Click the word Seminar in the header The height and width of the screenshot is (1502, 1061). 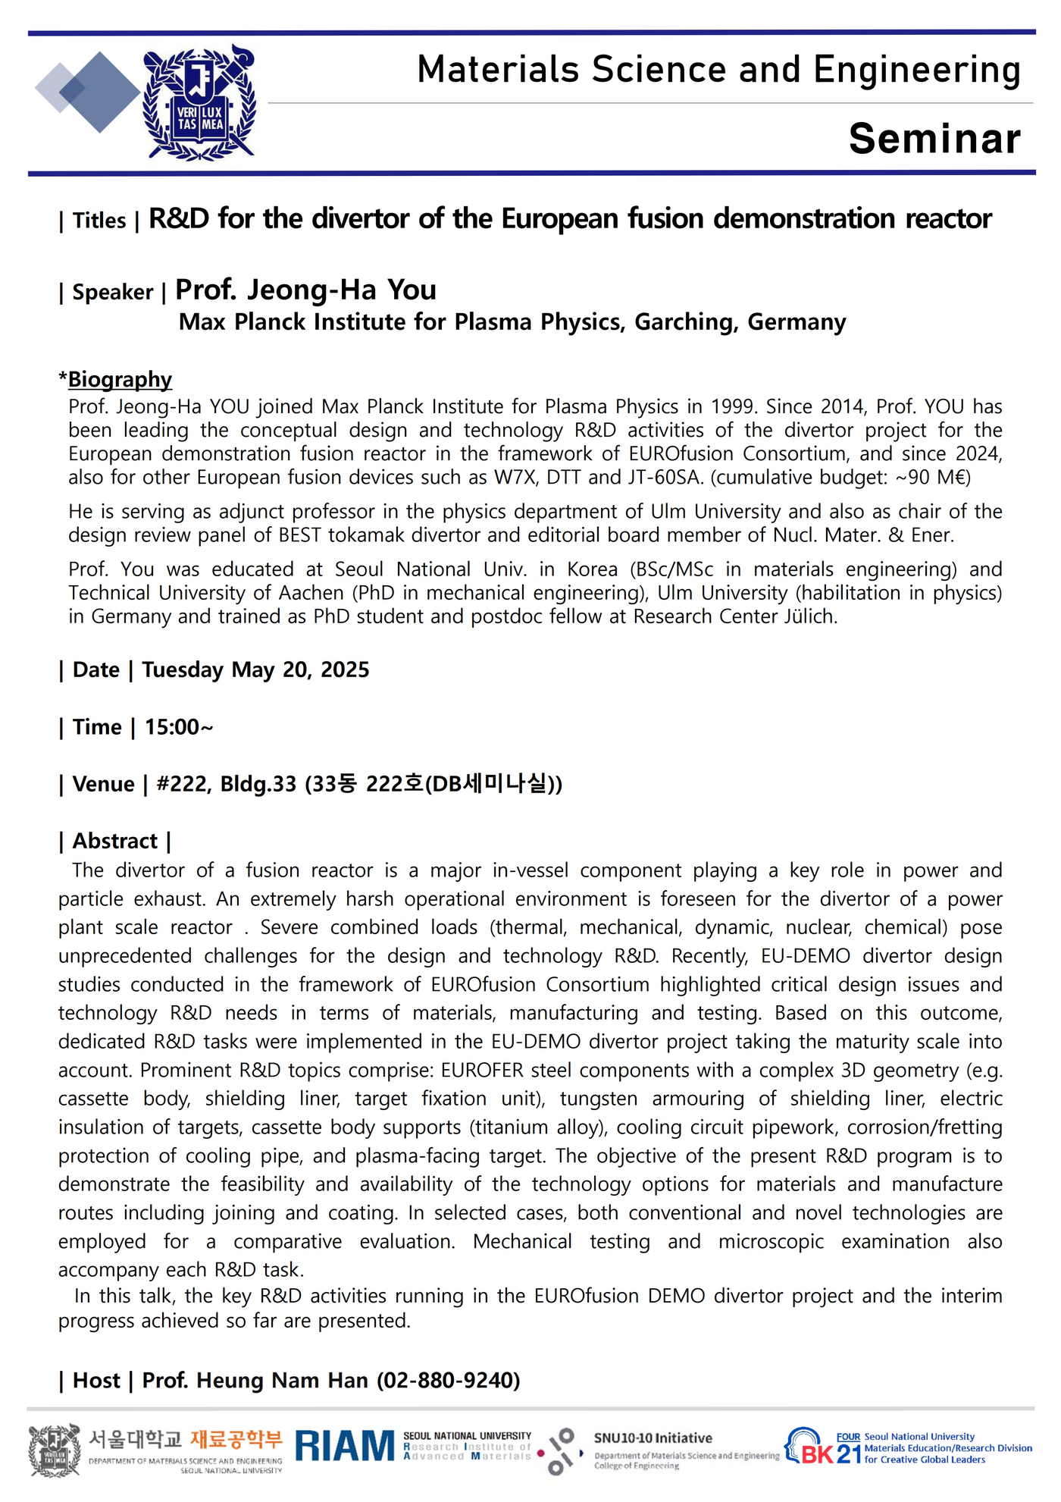click(x=934, y=139)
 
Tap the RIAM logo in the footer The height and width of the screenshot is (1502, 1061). click(x=345, y=1446)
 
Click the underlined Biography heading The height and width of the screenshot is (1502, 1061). click(x=120, y=379)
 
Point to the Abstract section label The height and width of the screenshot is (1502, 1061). click(x=114, y=841)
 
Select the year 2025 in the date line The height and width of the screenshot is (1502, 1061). click(x=345, y=669)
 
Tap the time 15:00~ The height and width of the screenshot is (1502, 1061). click(x=179, y=727)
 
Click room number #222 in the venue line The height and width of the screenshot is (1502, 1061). click(x=183, y=784)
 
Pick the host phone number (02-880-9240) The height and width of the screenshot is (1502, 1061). click(x=449, y=1380)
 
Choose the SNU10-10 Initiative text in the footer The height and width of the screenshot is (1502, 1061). click(x=653, y=1438)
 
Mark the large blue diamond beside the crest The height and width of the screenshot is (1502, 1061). click(x=99, y=92)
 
